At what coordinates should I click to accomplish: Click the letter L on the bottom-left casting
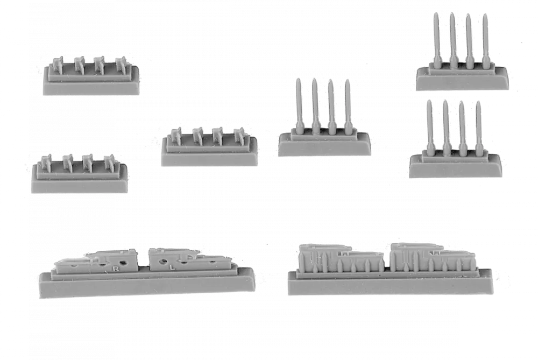(172, 266)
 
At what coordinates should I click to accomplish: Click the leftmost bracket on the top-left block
(56, 65)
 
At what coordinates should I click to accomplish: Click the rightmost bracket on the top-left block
(122, 65)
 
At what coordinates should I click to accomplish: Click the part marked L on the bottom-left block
(188, 260)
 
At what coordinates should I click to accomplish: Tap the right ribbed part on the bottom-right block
(433, 257)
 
